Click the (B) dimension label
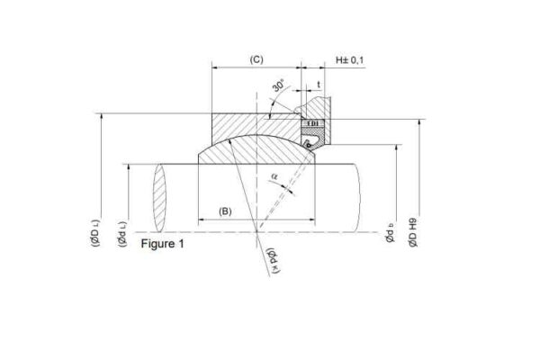[225, 211]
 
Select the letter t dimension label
[319, 85]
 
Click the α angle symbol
[274, 177]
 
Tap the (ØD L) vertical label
[95, 230]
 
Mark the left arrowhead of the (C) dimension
[215, 67]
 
